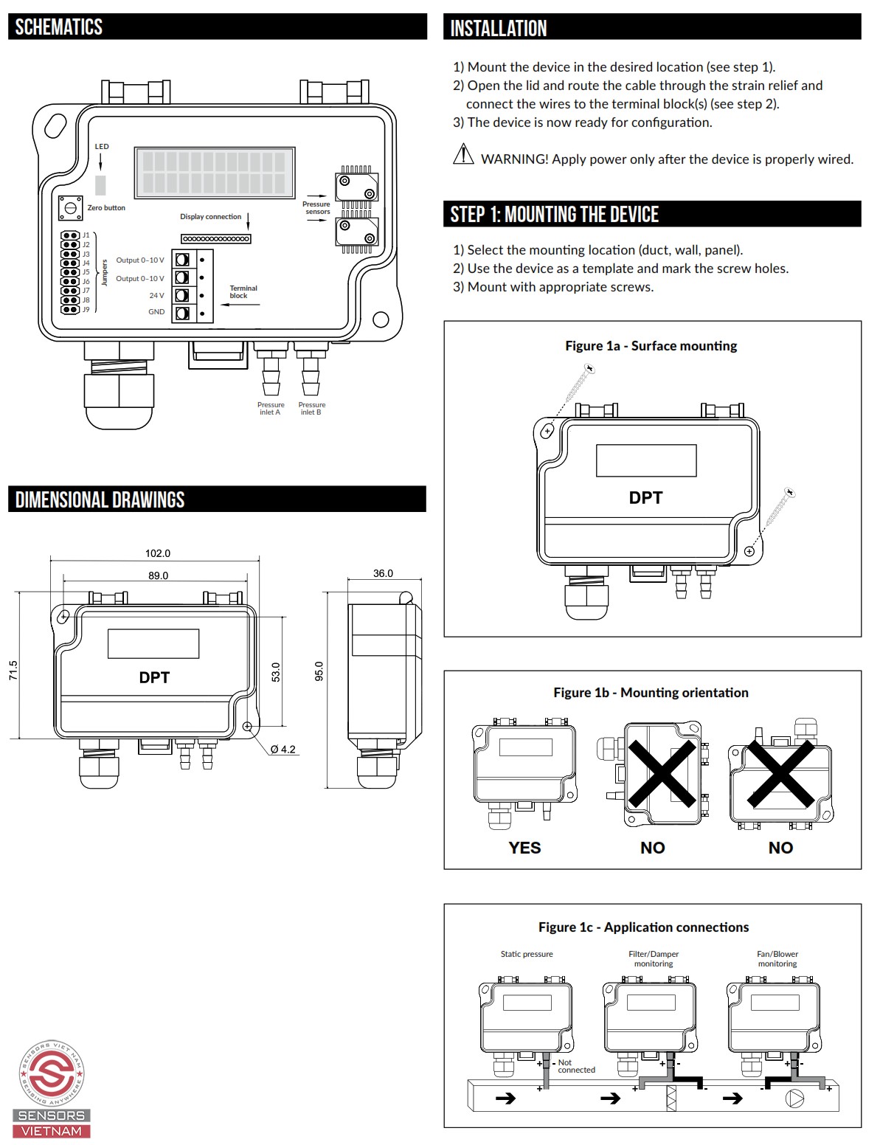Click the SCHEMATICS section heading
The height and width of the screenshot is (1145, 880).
click(58, 27)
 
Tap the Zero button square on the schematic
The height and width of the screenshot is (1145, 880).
click(70, 207)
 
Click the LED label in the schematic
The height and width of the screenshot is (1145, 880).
click(102, 147)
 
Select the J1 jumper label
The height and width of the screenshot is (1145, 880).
click(86, 235)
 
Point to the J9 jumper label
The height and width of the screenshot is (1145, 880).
click(86, 309)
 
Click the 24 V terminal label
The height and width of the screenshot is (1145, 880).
click(157, 295)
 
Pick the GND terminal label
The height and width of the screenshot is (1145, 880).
click(156, 311)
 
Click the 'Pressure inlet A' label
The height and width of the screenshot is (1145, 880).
click(271, 409)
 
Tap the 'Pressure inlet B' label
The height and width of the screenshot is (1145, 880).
click(312, 409)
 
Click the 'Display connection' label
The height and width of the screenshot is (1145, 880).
click(211, 217)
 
